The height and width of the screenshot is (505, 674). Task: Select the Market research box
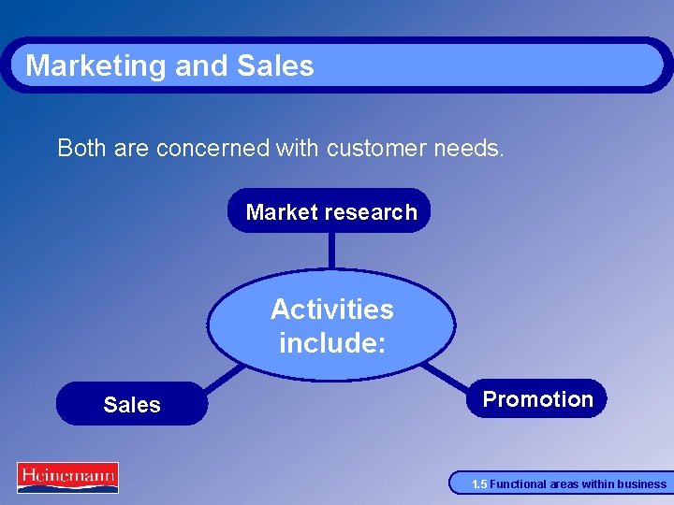click(330, 211)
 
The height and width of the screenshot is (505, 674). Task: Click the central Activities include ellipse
click(331, 325)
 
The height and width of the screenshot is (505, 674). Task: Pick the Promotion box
click(537, 399)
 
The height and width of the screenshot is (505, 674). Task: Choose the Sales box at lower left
click(131, 405)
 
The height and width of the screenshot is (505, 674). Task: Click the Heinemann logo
click(66, 477)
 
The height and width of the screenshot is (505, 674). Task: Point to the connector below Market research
click(330, 251)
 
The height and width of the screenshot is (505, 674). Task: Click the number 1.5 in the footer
click(478, 484)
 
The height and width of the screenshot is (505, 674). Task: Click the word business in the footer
click(643, 484)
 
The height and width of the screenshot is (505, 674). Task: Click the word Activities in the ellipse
click(331, 309)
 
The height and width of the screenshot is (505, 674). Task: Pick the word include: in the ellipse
click(331, 343)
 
